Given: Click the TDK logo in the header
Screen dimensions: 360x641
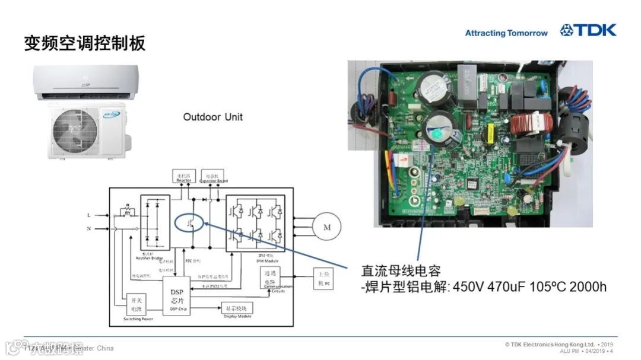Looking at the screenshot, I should coord(588,30).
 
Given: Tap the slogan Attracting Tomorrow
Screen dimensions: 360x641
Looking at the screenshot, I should coord(506,33).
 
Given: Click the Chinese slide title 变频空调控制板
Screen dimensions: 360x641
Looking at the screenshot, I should coord(84,43).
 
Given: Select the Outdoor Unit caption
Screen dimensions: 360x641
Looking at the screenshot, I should coord(212,117).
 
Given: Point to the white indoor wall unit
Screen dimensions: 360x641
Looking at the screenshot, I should coord(87,82).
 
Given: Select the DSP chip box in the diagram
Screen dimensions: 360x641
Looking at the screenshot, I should coord(176,295).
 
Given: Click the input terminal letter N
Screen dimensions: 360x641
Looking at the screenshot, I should coord(89,228).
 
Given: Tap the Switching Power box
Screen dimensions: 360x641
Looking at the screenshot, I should coord(138,307).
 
